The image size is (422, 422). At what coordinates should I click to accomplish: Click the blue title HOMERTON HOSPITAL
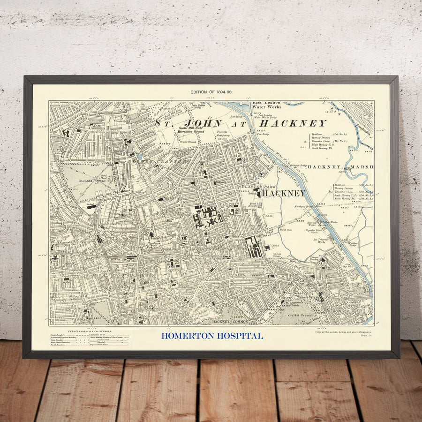pos(212,336)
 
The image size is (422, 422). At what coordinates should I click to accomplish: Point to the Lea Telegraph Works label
pos(322,241)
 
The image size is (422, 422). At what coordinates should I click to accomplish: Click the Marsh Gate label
pos(286,230)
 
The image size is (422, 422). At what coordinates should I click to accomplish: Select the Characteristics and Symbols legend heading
pos(89,331)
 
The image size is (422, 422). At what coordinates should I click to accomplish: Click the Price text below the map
pos(364,336)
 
